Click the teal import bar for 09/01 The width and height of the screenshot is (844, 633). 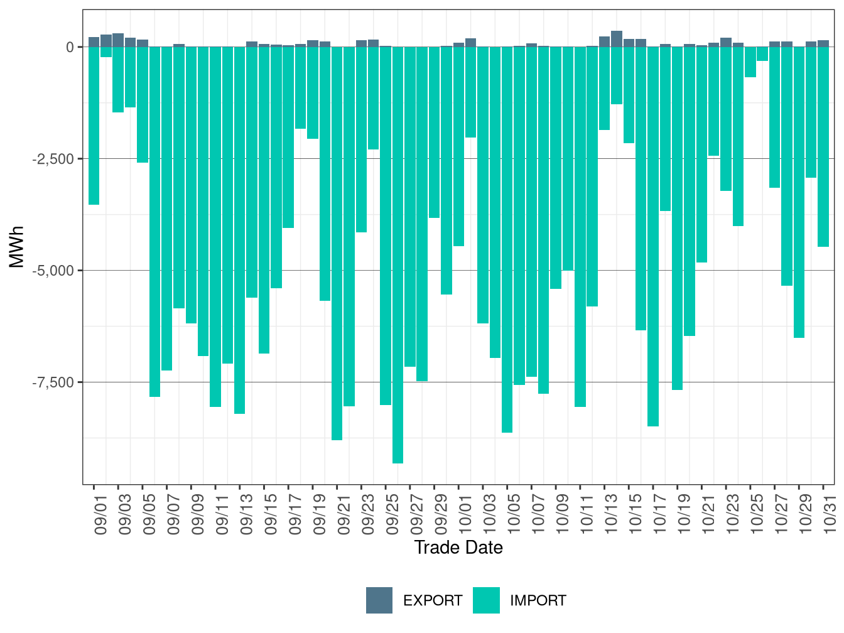coord(94,126)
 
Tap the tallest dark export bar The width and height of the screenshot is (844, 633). coord(617,39)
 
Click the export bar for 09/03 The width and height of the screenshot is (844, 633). coord(118,40)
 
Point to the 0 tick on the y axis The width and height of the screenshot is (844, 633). coord(70,47)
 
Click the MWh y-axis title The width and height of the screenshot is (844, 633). coord(17,247)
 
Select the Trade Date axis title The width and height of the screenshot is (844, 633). coord(458,548)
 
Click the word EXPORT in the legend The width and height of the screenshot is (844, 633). coord(433,601)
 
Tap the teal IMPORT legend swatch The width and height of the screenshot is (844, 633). coord(486,600)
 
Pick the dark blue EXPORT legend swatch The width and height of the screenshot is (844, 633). coord(379,600)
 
